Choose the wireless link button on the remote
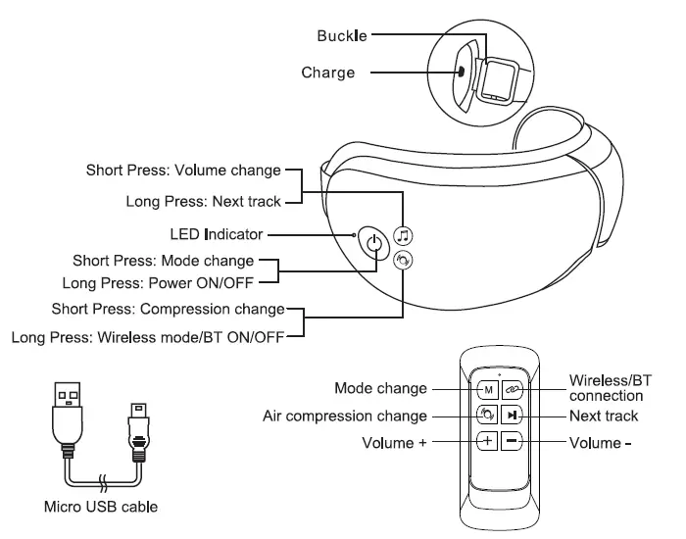click(515, 389)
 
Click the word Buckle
click(343, 35)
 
